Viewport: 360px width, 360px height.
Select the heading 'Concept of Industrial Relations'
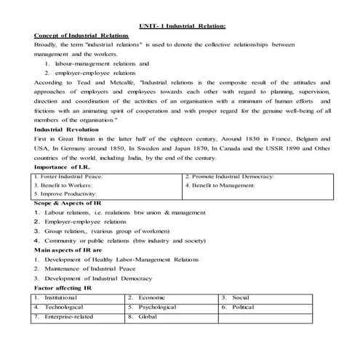[81, 36]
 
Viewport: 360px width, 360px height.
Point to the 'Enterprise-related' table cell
[73, 317]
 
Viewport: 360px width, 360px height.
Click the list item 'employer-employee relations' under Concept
[99, 73]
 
